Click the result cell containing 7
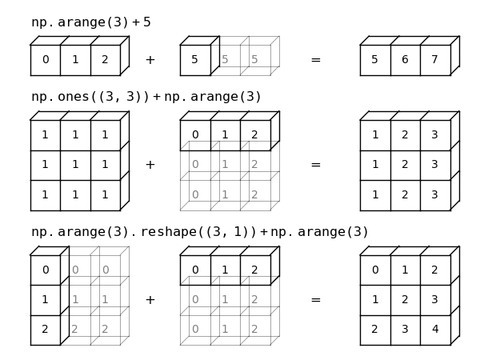coord(435,60)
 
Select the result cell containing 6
coord(405,60)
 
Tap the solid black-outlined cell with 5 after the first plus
coord(195,60)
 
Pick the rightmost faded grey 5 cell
coord(255,60)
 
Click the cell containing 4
coord(435,330)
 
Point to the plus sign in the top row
coord(150,60)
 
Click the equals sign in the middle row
coord(315,165)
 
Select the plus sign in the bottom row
coord(150,300)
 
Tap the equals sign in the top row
coord(315,60)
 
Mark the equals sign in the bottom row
coord(315,300)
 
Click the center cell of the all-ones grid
coord(75,165)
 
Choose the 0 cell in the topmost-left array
coord(46,60)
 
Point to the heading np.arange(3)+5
coord(90,22)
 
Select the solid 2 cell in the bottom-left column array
coord(46,330)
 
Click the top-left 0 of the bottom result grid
coord(375,270)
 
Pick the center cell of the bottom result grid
coord(405,300)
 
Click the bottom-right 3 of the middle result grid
coord(435,195)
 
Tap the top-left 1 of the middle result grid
coord(375,135)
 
